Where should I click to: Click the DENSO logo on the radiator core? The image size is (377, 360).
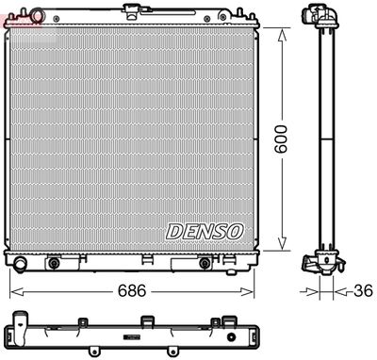[x=205, y=230]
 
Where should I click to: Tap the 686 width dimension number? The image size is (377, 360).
[x=131, y=290]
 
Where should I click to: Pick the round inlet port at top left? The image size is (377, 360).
[x=36, y=16]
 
